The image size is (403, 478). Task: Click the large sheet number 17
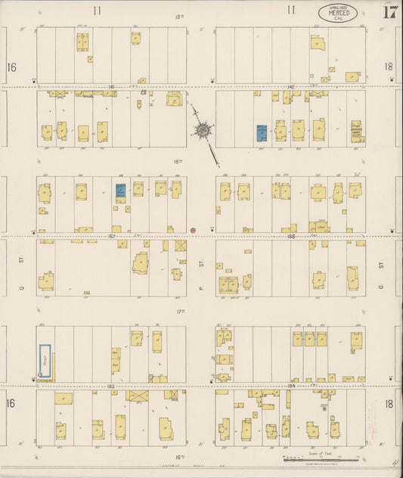(x=390, y=11)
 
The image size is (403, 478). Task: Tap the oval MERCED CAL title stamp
(x=337, y=13)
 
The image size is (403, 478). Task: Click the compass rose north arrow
(x=203, y=130)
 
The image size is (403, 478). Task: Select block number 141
(x=111, y=88)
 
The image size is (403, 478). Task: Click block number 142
(x=290, y=88)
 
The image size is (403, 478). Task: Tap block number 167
(x=111, y=236)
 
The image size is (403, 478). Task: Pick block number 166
(x=290, y=236)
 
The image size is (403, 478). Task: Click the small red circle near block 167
(x=194, y=229)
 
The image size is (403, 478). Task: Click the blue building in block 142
(x=262, y=133)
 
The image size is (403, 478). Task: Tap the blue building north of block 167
(x=120, y=191)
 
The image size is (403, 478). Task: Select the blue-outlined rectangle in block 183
(x=45, y=361)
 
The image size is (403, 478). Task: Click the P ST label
(x=201, y=264)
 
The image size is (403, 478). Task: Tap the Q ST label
(x=22, y=264)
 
